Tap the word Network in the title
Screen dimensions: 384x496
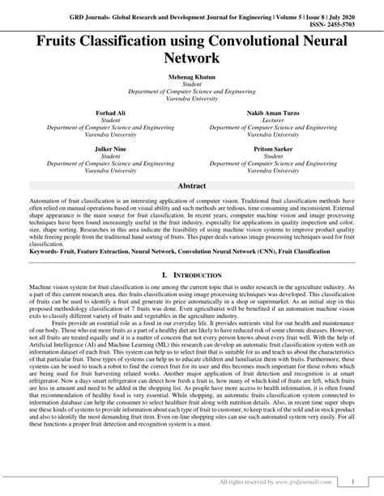click(x=192, y=57)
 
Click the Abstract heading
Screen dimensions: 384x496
click(x=192, y=186)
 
